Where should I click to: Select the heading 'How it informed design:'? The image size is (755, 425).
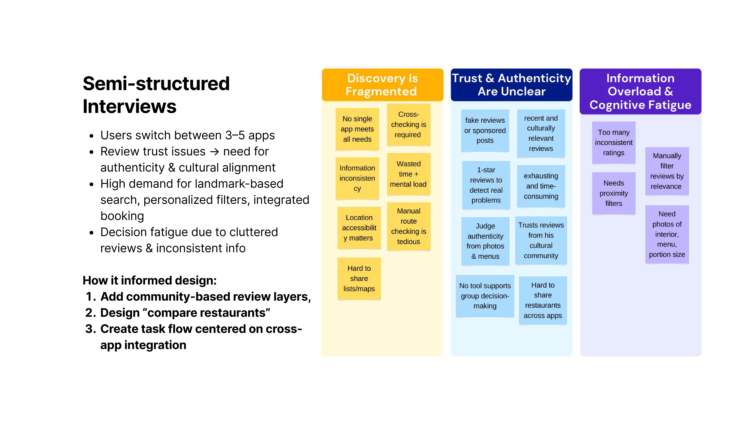click(x=149, y=280)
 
